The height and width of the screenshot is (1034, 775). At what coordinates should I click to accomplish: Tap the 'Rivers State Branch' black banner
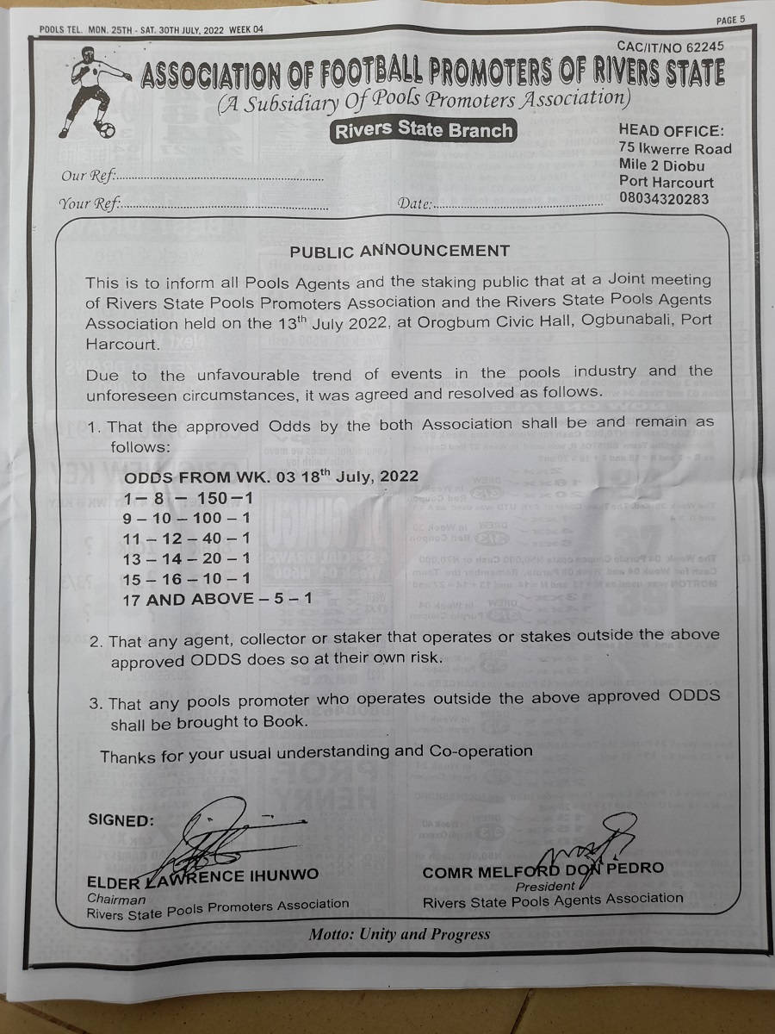click(423, 130)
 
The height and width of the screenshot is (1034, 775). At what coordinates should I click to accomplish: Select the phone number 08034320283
click(664, 199)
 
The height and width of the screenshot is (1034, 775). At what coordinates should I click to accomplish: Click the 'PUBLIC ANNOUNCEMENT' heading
click(400, 251)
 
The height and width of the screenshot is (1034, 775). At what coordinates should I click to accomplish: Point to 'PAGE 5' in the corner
click(729, 20)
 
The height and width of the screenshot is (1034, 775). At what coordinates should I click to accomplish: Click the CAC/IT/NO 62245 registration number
click(670, 47)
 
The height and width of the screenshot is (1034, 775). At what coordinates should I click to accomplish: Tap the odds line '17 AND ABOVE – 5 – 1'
click(219, 599)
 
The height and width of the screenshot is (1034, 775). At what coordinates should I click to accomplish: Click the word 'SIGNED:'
click(121, 819)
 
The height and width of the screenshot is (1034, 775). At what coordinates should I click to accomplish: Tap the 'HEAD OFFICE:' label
click(672, 130)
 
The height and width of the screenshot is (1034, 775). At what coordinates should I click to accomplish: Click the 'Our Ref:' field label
click(89, 177)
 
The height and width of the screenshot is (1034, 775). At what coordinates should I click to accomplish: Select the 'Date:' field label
click(415, 205)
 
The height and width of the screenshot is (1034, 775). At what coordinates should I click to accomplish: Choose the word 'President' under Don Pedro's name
click(544, 886)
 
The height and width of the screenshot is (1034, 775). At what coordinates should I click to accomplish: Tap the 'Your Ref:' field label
click(90, 205)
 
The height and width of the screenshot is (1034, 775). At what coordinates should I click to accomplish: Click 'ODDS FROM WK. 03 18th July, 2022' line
click(271, 477)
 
